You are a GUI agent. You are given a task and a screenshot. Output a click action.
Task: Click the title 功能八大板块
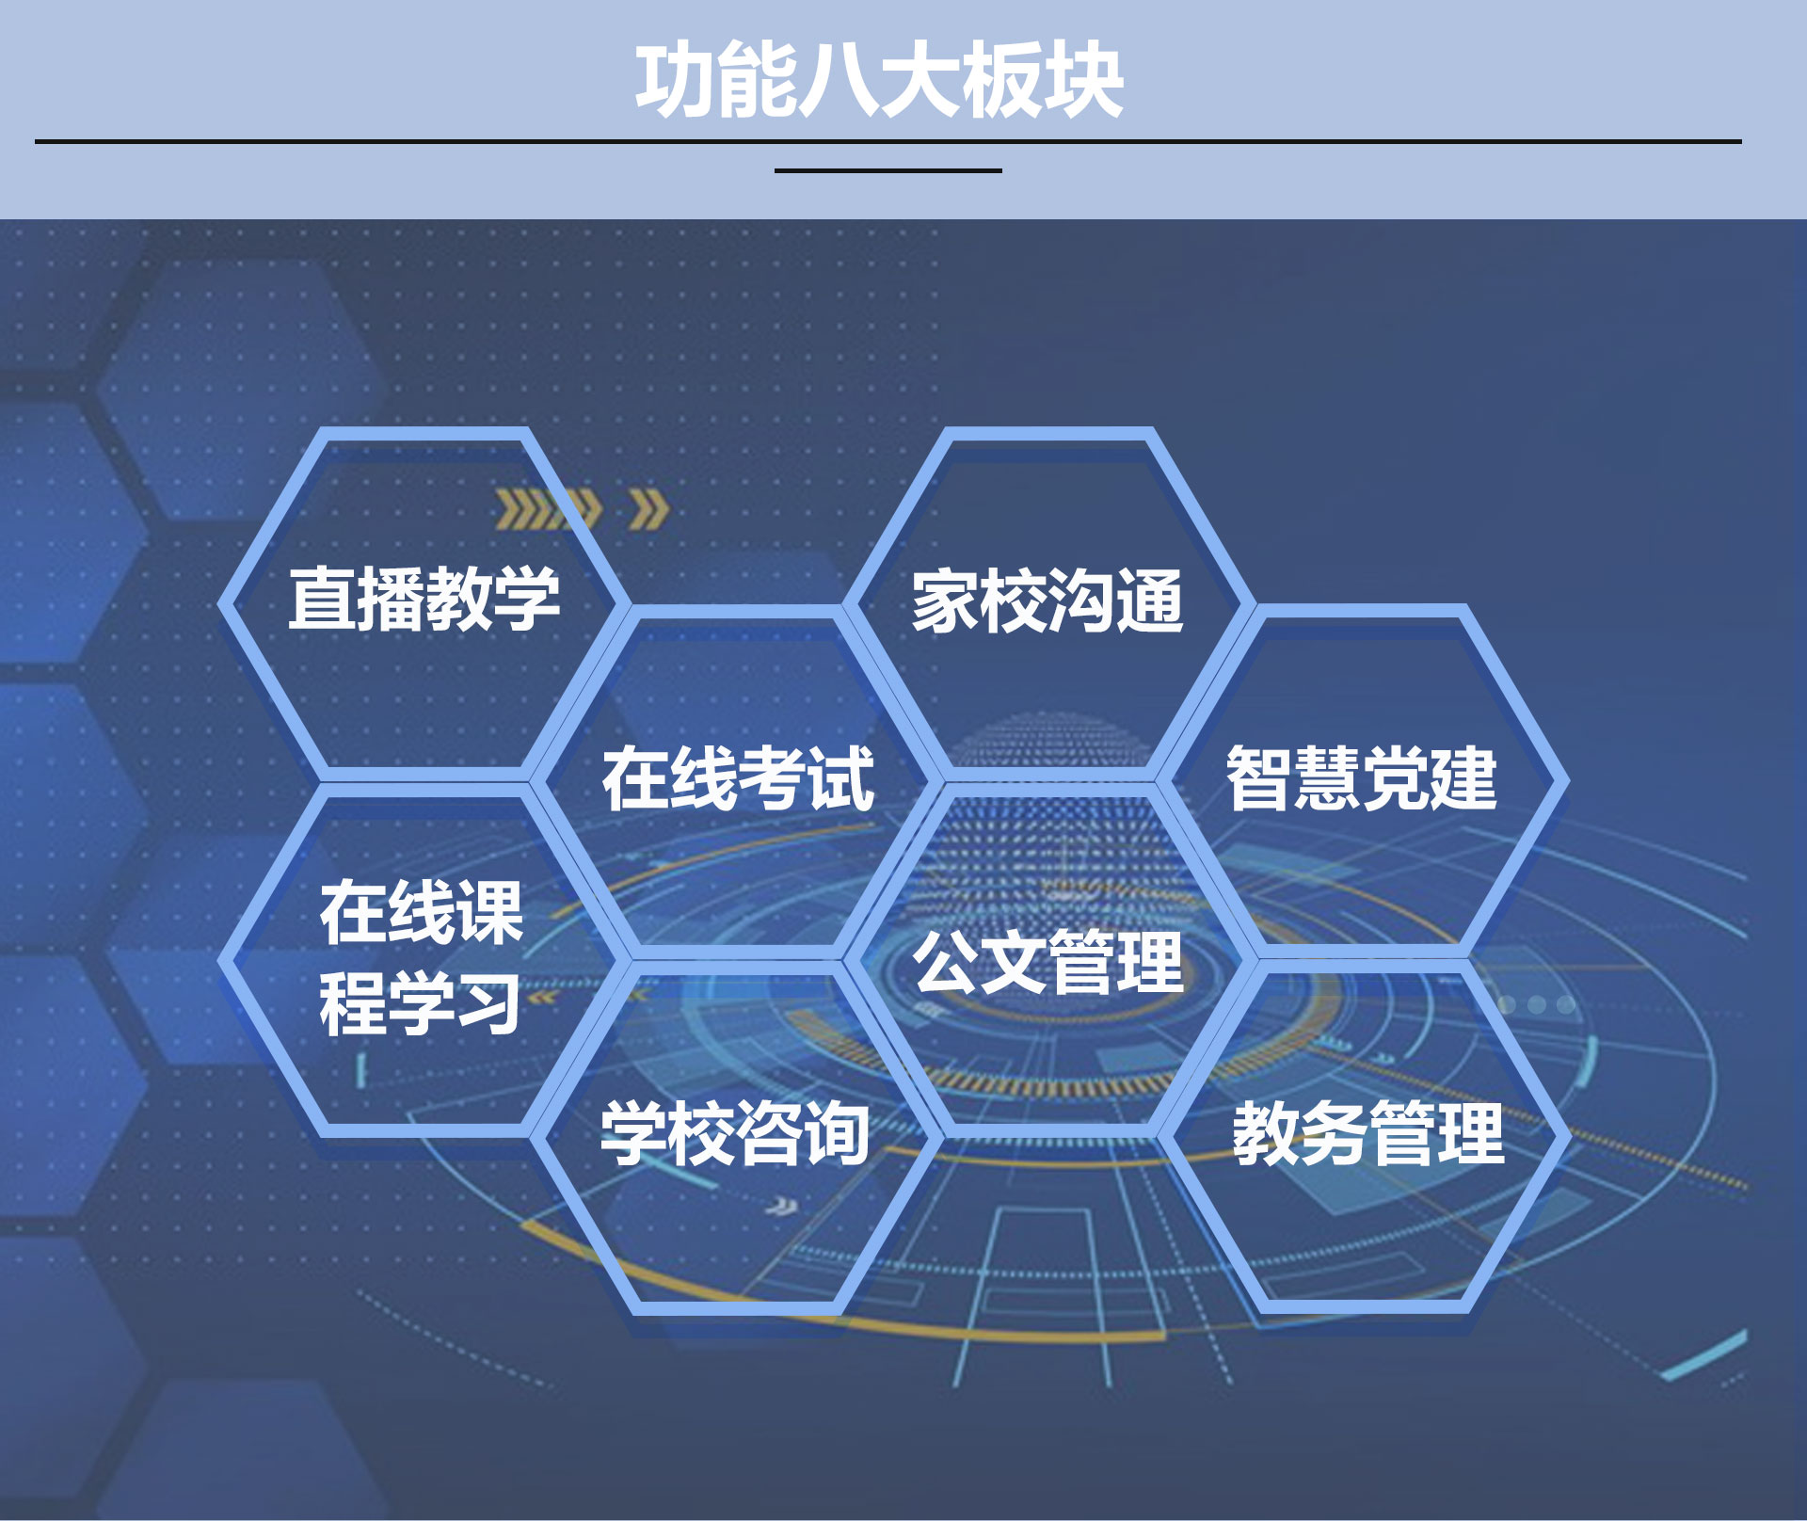[x=880, y=81]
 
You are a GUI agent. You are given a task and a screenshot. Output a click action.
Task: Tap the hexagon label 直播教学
[x=424, y=599]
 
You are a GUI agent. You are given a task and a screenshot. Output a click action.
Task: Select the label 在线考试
[x=739, y=778]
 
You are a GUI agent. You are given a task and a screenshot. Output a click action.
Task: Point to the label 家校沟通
[x=1047, y=600]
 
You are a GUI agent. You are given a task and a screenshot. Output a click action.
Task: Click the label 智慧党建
[x=1362, y=778]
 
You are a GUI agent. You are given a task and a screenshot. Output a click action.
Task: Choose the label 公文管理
[x=1048, y=962]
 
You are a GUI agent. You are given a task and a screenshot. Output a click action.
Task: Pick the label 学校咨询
[x=736, y=1134]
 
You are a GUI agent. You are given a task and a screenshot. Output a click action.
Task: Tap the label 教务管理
[x=1368, y=1134]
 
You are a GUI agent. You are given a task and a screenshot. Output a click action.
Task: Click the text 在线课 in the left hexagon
[x=422, y=912]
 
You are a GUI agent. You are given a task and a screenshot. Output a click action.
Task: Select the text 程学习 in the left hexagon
[x=420, y=1003]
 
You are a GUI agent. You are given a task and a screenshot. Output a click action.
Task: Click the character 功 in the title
[x=676, y=81]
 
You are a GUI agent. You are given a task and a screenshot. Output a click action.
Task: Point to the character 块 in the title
[x=1084, y=81]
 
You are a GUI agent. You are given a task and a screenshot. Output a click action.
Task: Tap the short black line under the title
[x=888, y=170]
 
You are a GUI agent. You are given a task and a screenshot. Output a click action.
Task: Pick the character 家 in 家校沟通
[x=945, y=600]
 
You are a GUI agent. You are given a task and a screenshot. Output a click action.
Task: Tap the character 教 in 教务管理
[x=1266, y=1134]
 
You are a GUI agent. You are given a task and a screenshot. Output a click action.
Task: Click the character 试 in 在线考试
[x=842, y=778]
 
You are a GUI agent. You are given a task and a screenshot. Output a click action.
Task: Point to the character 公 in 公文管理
[x=946, y=962]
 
